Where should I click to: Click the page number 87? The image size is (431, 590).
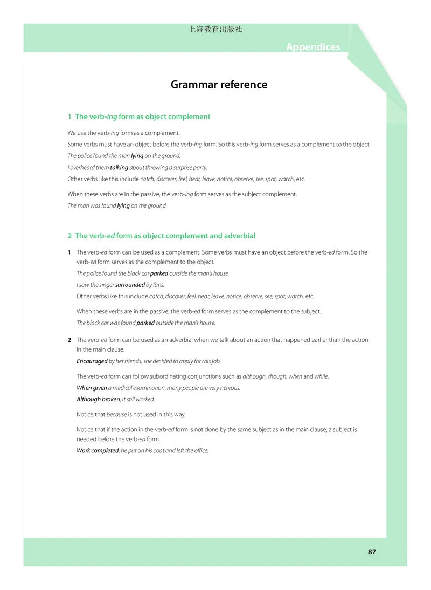click(372, 552)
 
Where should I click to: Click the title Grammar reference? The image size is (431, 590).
click(219, 85)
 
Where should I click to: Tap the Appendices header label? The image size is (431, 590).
click(313, 47)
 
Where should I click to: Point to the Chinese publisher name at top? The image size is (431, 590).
click(215, 30)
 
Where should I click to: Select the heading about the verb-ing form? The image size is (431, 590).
click(139, 116)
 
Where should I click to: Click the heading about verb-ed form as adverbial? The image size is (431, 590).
click(162, 236)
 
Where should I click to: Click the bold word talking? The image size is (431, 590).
click(119, 167)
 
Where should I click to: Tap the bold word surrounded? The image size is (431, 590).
click(130, 284)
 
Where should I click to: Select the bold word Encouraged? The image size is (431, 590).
click(92, 361)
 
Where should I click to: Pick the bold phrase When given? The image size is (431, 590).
click(92, 388)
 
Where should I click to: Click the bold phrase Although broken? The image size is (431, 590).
click(98, 399)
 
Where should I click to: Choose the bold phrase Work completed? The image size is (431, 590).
click(98, 450)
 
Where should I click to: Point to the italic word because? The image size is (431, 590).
click(117, 414)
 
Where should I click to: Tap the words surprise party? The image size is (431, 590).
click(190, 167)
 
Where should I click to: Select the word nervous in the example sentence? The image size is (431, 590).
click(231, 388)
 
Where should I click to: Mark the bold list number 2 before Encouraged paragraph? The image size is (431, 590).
click(69, 340)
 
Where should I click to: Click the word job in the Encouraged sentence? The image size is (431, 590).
click(215, 361)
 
